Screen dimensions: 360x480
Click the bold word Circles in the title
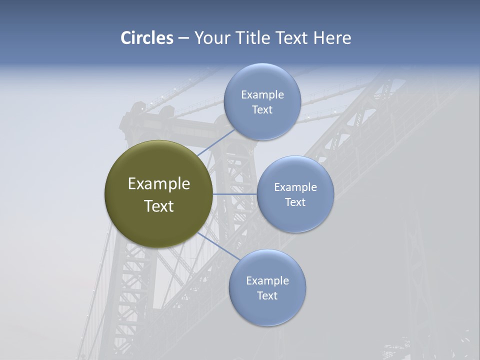pos(146,38)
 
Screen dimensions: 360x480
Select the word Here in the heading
pos(332,38)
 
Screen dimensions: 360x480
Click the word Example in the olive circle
pos(159,184)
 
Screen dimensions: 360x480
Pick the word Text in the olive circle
pos(159,206)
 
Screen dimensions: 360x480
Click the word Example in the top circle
pos(262,94)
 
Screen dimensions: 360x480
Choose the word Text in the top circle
pos(262,109)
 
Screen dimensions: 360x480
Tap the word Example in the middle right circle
pos(295,187)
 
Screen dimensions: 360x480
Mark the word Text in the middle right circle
pos(295,202)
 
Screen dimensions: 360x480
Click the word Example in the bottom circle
pos(267,280)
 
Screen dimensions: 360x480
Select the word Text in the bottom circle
pos(267,295)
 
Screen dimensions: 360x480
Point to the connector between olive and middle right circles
pos(235,194)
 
